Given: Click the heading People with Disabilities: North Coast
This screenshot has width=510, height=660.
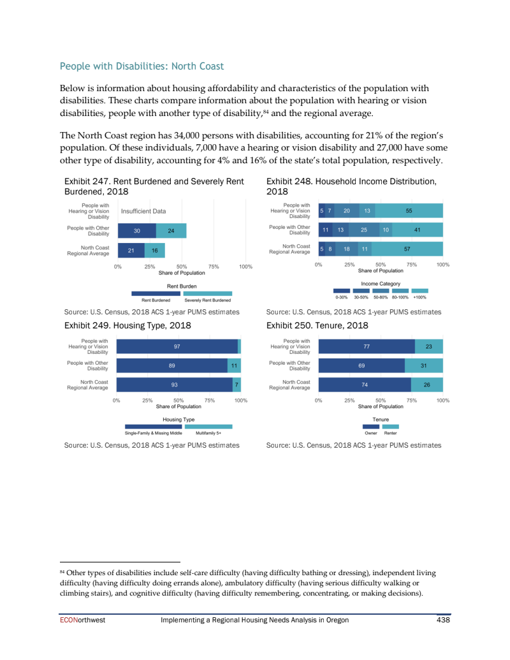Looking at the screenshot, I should (x=142, y=66).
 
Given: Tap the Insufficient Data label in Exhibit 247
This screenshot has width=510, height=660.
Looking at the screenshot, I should (x=143, y=211).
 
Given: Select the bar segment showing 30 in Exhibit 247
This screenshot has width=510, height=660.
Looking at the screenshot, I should (x=136, y=231).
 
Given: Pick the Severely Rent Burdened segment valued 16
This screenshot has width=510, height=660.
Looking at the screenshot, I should (x=155, y=251).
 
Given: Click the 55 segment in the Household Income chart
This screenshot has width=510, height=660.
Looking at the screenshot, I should (x=409, y=211).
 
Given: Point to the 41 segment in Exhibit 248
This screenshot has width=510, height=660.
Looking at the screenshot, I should (x=417, y=230).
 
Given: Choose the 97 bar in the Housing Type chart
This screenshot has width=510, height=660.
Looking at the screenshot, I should (x=177, y=346).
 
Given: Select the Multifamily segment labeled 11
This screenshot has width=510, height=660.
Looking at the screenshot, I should (x=234, y=366).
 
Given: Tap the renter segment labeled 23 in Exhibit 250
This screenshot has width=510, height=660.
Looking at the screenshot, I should (x=429, y=346).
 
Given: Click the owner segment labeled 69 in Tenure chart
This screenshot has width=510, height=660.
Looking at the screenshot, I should (x=361, y=366).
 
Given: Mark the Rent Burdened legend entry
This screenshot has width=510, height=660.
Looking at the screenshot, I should (x=155, y=300).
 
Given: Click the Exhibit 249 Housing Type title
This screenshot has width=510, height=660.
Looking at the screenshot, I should (x=127, y=325).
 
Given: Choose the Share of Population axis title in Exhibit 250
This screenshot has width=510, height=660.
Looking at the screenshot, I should (x=381, y=406).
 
